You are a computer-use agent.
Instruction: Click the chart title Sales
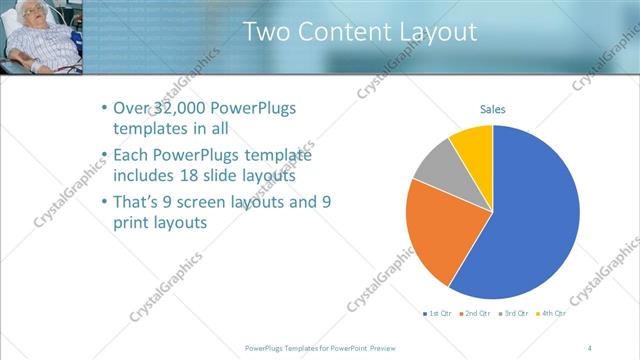tap(493, 108)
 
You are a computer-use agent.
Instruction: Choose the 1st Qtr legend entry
tap(439, 314)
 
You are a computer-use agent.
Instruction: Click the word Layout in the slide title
tap(431, 32)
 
